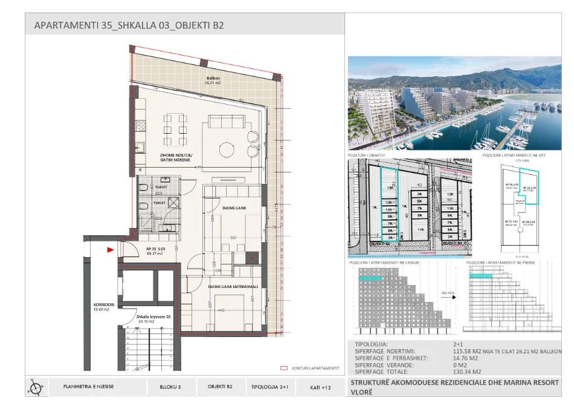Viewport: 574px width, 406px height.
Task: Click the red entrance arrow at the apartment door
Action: [110, 249]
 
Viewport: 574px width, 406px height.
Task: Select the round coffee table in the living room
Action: [227, 149]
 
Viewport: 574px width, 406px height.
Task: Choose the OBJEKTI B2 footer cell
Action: [221, 387]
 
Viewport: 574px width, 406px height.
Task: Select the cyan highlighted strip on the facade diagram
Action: [370, 277]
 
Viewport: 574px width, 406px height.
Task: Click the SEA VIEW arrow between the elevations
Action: [448, 295]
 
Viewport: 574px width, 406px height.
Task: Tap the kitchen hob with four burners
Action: [141, 126]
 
